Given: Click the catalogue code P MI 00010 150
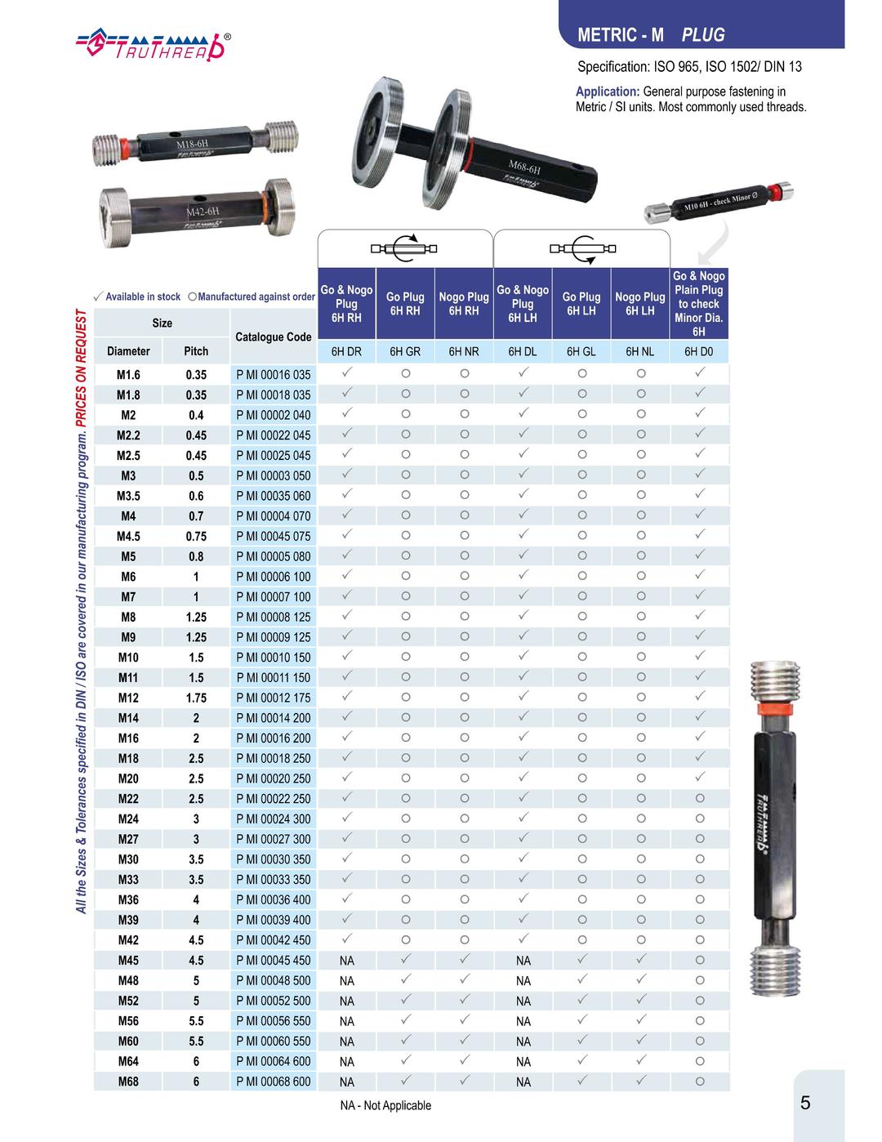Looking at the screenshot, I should coord(274,658).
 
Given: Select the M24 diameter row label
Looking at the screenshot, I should coord(128,819).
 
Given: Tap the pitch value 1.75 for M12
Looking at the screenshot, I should coord(196,698).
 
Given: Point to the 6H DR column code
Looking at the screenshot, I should coord(346,352).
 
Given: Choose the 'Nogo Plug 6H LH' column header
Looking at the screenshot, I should coord(640,304).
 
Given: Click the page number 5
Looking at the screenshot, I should coord(805,1104).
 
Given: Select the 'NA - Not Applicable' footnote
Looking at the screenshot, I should coord(385,1106).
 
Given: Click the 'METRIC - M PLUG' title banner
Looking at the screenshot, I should coord(651,35).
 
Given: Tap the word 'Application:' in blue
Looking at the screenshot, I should coord(608,92).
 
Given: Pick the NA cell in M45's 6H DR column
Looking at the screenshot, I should coord(346,961).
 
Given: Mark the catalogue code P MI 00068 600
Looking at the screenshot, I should coord(274,1082).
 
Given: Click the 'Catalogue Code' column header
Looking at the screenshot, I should coord(274,337).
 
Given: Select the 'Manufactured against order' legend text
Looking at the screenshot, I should coord(256,297).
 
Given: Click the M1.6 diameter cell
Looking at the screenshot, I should coord(128,375).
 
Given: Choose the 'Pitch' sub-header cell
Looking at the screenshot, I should coord(196,351).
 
